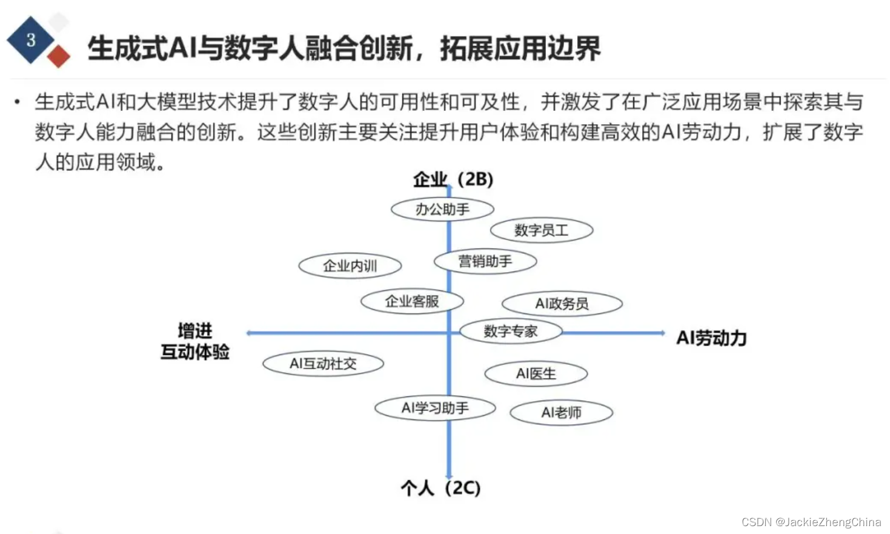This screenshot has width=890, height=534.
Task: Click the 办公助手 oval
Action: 442,210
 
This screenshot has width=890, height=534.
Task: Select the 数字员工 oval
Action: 541,230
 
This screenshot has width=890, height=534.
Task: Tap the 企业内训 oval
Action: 350,265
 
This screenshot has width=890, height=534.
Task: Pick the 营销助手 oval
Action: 485,261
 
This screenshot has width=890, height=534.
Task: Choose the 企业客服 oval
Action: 412,301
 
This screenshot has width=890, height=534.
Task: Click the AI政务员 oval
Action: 562,304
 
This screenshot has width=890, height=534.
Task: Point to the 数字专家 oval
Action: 511,332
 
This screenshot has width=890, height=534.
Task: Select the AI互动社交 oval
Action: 323,364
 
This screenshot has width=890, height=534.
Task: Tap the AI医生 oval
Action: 536,374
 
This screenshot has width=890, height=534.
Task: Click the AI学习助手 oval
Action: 435,408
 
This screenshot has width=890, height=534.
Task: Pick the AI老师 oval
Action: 561,413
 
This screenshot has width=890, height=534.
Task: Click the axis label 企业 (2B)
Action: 453,179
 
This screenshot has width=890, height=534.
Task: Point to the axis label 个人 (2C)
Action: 440,488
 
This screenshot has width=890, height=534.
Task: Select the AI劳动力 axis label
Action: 711,338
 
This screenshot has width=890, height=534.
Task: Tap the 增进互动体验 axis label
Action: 195,341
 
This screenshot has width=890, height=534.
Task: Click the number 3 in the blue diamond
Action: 31,40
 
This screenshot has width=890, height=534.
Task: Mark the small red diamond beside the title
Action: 59,56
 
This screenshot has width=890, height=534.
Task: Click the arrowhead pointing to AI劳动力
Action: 662,333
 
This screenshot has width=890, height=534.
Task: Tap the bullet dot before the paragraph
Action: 18,102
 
